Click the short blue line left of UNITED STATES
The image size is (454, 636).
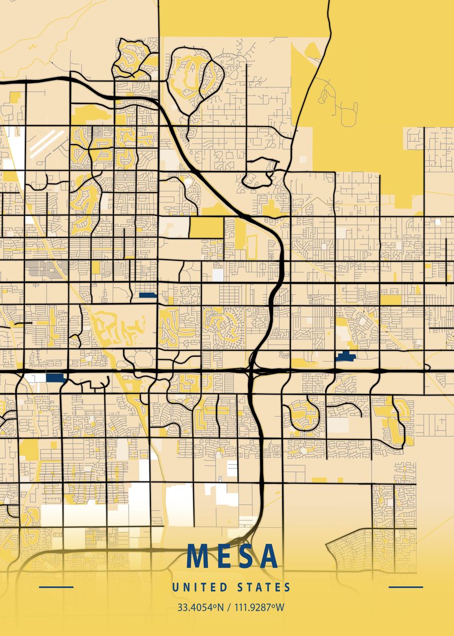(56, 587)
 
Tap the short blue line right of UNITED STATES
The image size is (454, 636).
(406, 587)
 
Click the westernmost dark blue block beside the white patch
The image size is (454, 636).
(55, 378)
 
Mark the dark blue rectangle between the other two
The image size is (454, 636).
(147, 296)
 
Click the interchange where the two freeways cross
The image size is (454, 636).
(252, 370)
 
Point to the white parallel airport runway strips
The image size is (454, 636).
(44, 143)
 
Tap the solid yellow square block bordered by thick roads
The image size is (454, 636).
(207, 227)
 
